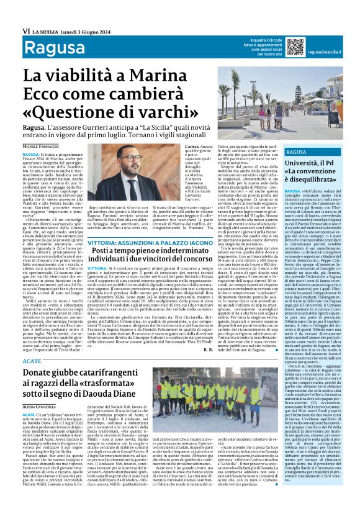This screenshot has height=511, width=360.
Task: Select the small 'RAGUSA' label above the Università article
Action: [x=297, y=152]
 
